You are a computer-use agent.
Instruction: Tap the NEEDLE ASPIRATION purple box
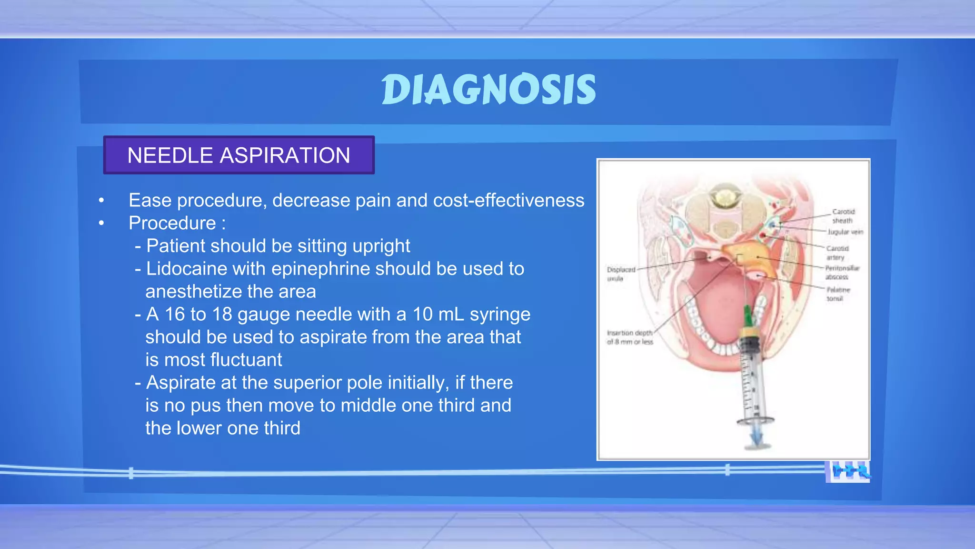point(239,155)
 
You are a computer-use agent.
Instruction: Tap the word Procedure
point(172,223)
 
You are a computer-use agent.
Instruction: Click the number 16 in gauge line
point(174,315)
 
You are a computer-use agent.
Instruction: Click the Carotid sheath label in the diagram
point(843,216)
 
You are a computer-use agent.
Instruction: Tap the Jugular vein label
point(845,232)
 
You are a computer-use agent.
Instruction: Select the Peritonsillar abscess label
point(842,272)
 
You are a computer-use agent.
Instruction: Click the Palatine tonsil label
point(837,294)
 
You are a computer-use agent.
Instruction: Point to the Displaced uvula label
point(620,274)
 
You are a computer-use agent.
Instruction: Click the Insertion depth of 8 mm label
point(629,337)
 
